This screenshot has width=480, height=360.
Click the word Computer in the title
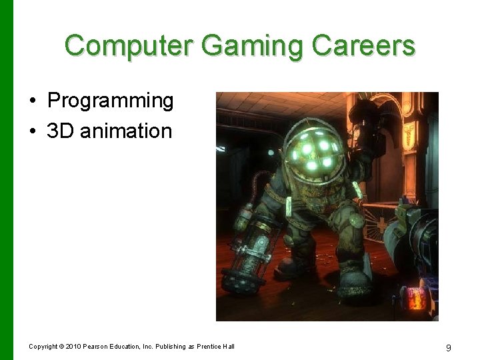tap(128, 45)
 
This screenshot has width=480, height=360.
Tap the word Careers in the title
tap(363, 45)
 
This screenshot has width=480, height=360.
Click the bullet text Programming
tap(110, 101)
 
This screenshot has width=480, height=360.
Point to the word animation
tap(126, 131)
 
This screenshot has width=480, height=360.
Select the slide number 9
tap(448, 347)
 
